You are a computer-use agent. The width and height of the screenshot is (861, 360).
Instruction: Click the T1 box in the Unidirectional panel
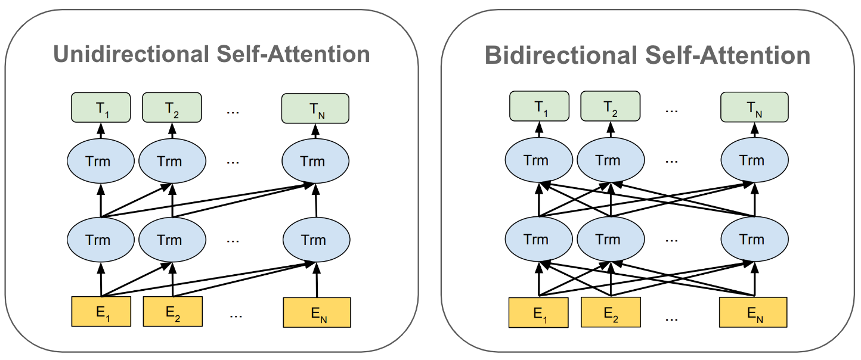[101, 107]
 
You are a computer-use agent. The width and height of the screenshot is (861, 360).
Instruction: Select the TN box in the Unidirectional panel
[315, 108]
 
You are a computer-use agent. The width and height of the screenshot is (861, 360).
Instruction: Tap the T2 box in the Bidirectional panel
[611, 106]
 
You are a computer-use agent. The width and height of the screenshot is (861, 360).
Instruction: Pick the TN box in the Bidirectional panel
[754, 107]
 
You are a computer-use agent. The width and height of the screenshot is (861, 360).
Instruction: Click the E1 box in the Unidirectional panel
[101, 311]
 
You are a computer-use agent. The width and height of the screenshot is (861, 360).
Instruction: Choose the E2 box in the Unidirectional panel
[172, 311]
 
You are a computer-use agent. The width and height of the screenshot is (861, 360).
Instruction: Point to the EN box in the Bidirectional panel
[753, 312]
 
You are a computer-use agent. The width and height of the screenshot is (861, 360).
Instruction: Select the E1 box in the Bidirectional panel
[538, 312]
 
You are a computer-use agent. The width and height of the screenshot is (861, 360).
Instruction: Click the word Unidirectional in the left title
[131, 54]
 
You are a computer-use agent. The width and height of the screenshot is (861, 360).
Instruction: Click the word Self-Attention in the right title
[727, 55]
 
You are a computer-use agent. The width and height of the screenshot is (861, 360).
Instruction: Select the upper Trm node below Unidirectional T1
[101, 161]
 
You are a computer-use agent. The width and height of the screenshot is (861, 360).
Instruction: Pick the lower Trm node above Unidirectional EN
[317, 240]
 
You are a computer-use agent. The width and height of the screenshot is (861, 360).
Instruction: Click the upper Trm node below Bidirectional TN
[754, 160]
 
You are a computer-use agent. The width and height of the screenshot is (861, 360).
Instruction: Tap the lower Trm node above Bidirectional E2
[611, 239]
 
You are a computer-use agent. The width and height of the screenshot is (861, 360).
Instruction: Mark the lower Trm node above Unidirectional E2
[172, 240]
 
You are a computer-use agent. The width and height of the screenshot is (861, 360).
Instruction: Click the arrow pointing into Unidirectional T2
[172, 131]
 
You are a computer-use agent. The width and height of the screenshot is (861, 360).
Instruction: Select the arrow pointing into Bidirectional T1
[539, 129]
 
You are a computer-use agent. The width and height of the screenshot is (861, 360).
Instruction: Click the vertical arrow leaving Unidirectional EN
[317, 280]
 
